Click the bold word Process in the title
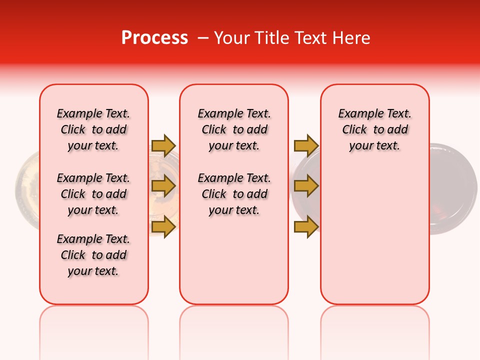(x=154, y=38)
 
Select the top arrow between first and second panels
(x=163, y=145)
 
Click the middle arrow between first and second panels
(x=163, y=186)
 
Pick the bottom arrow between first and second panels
(x=163, y=226)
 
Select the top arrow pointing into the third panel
(x=306, y=145)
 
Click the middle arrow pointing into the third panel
(x=306, y=186)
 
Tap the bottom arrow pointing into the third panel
(x=306, y=226)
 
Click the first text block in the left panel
(x=93, y=129)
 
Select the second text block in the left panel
(x=93, y=194)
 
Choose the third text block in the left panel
(x=93, y=255)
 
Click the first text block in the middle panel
(x=234, y=129)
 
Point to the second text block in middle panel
(x=234, y=194)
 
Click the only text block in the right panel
(x=375, y=129)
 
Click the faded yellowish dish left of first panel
(x=27, y=190)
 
